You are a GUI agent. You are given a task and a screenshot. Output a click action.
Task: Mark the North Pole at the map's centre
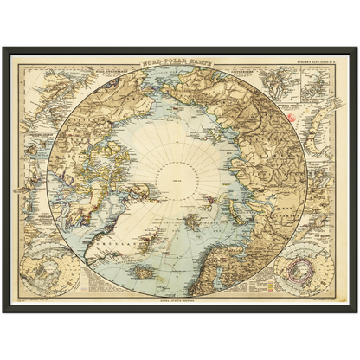180,180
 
